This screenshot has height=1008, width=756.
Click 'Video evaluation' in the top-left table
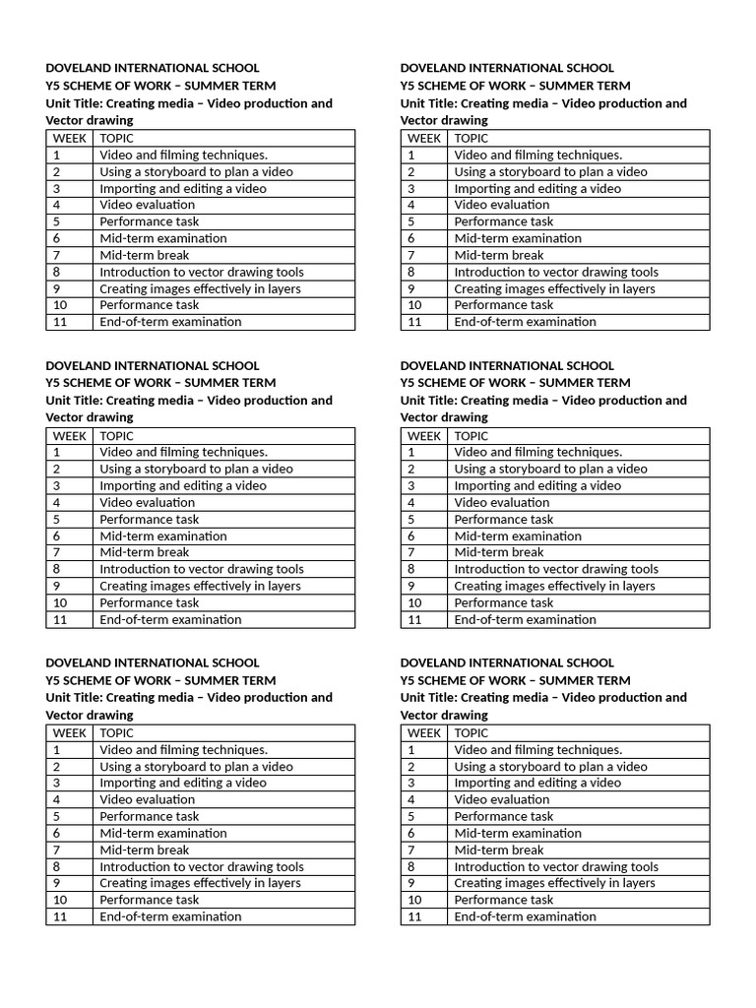tap(147, 205)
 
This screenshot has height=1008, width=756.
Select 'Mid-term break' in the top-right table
tap(498, 255)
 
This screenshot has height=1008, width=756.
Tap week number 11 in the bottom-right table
tap(414, 916)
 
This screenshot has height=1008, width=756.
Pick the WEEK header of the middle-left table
tap(70, 435)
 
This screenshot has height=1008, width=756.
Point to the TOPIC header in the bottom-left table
tap(116, 732)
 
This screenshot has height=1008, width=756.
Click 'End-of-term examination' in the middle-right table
tap(525, 619)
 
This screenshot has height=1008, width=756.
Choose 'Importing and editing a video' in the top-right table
tap(537, 188)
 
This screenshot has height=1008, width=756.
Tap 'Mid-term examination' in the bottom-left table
tap(162, 833)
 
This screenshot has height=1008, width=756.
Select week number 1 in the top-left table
tap(57, 155)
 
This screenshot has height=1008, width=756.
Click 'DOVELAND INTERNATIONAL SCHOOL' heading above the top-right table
tap(507, 68)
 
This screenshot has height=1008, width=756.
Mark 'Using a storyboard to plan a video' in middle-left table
tap(196, 469)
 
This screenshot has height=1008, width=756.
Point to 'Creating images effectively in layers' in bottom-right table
tap(554, 883)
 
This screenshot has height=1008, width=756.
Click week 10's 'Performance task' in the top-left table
tap(149, 305)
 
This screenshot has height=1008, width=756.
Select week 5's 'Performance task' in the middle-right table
tap(503, 519)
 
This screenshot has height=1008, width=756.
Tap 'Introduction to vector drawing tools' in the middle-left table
tap(201, 569)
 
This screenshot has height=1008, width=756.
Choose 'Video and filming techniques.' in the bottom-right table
tap(537, 749)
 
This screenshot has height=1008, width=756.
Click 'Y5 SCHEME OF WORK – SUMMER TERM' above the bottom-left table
tap(160, 680)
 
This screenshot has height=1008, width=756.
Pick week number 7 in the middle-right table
tap(411, 552)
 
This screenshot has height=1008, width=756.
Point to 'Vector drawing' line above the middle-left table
tap(89, 417)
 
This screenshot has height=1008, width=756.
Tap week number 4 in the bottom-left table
tap(57, 799)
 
